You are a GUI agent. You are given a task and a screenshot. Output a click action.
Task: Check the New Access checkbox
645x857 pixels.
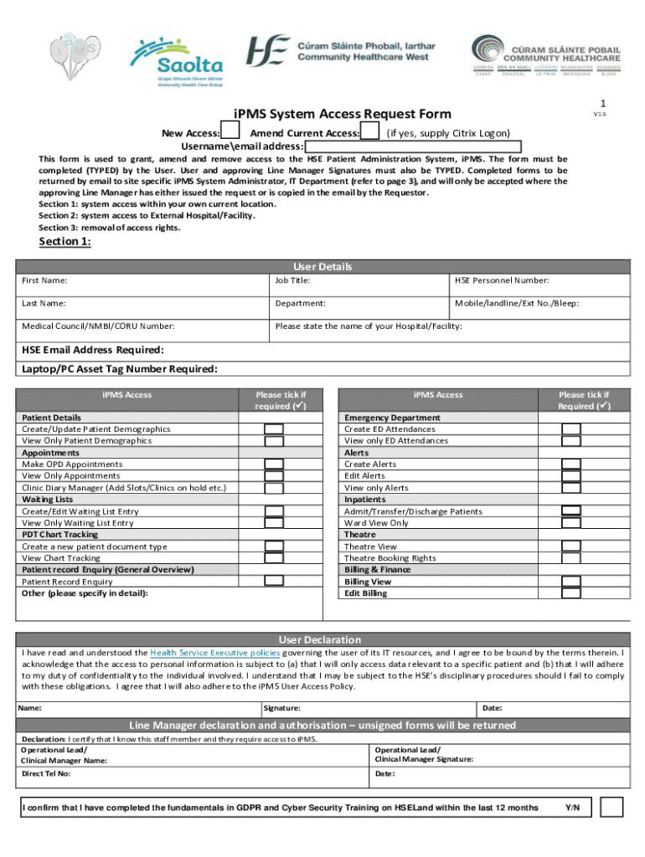tap(232, 132)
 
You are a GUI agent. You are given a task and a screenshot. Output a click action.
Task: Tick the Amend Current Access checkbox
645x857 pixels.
tap(369, 132)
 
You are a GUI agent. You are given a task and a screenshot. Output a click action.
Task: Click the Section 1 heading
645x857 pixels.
tap(65, 243)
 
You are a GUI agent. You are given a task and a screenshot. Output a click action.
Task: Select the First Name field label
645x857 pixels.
tap(45, 281)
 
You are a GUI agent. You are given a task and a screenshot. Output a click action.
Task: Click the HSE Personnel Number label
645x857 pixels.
tap(502, 281)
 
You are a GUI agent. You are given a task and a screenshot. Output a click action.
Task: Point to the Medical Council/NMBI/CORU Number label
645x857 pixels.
tap(98, 326)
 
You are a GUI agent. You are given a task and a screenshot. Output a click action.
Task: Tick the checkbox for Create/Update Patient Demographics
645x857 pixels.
tap(274, 429)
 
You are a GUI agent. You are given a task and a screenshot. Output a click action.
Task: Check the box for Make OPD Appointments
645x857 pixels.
tap(274, 464)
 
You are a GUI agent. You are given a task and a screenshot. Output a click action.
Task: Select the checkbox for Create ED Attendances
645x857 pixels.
tap(570, 429)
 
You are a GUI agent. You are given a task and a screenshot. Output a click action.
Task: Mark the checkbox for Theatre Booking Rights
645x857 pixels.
tap(570, 558)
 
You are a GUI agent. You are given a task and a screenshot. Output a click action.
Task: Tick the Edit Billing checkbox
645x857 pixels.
tap(570, 593)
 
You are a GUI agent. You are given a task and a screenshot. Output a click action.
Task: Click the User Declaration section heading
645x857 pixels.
tap(319, 639)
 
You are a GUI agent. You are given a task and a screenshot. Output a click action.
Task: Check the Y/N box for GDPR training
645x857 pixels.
tap(611, 807)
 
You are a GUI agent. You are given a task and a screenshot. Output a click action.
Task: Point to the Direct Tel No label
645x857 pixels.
tap(46, 774)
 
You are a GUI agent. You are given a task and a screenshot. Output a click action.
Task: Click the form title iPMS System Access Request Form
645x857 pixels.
tap(342, 114)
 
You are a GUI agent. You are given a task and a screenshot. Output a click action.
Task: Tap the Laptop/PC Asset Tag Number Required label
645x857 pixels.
tap(120, 369)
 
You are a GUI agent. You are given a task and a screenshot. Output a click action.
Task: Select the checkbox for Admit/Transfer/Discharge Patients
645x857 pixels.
tap(570, 511)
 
